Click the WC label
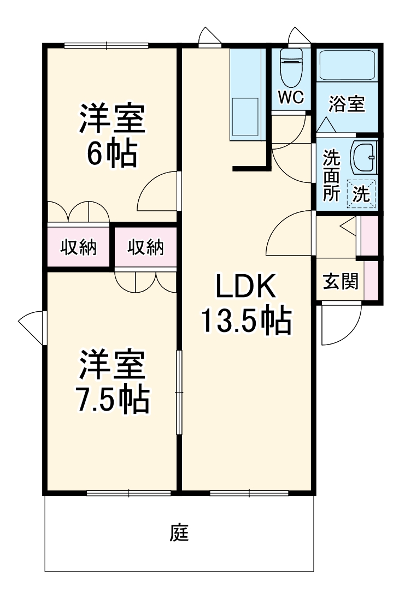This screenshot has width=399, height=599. (x=291, y=97)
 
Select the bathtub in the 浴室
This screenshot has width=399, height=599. (x=348, y=65)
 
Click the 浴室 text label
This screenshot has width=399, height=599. (x=347, y=104)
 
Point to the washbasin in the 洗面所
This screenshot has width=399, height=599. (x=364, y=157)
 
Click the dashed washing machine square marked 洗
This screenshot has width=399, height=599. (x=361, y=194)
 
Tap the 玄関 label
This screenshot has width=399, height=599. (x=341, y=281)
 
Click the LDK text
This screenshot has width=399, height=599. (x=245, y=286)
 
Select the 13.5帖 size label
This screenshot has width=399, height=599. (x=247, y=321)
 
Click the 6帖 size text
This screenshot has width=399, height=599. (x=112, y=154)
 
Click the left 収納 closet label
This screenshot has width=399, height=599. (x=78, y=247)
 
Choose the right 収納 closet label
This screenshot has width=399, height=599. (x=145, y=247)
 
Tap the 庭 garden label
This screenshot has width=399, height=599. (x=179, y=532)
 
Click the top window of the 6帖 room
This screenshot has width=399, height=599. (x=106, y=45)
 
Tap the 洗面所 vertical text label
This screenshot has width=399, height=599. (x=331, y=175)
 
